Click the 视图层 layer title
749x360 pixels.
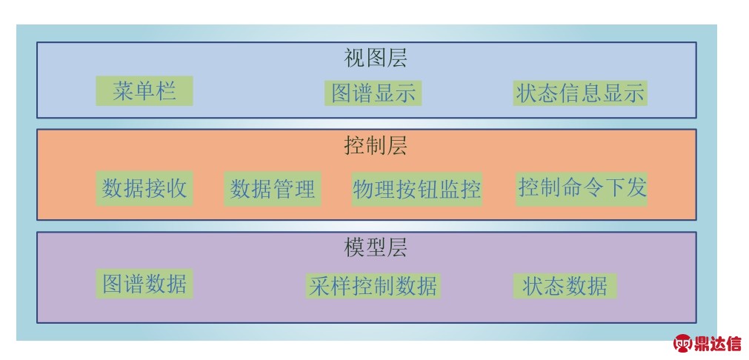pyautogui.click(x=376, y=59)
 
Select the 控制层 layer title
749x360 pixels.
pyautogui.click(x=376, y=146)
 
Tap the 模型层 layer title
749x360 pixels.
pyautogui.click(x=376, y=248)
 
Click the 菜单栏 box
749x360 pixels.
pyautogui.click(x=144, y=90)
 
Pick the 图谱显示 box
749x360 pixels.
pyautogui.click(x=373, y=93)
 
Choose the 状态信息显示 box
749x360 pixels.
pyautogui.click(x=580, y=93)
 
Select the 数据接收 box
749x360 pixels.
pyautogui.click(x=144, y=189)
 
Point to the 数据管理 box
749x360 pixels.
pyautogui.click(x=273, y=189)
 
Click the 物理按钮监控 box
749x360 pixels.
pyautogui.click(x=416, y=189)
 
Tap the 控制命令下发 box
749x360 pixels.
pyautogui.click(x=582, y=189)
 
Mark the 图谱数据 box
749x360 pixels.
pyautogui.click(x=144, y=284)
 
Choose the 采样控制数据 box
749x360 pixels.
pyautogui.click(x=373, y=286)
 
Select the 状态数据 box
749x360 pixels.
pyautogui.click(x=565, y=286)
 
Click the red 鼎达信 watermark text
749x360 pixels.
pyautogui.click(x=718, y=344)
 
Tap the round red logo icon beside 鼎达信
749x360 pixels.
pyautogui.click(x=683, y=344)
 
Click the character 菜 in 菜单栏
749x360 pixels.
pyautogui.click(x=123, y=90)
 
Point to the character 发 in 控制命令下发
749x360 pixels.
pyautogui.click(x=636, y=187)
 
